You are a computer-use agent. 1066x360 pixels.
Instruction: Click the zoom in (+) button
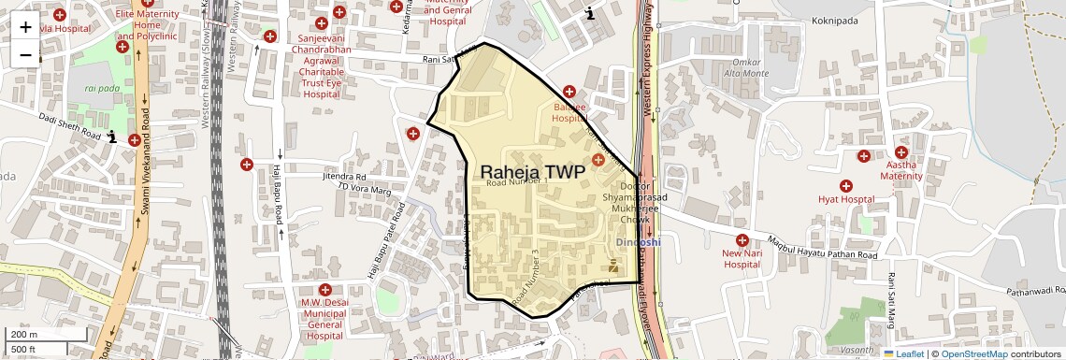point(25,27)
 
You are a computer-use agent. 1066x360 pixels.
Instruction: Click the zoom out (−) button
point(25,54)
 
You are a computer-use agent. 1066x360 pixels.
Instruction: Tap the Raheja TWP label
point(532,172)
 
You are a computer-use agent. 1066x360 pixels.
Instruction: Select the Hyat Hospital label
point(845,199)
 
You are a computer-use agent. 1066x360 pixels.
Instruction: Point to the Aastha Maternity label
point(901,170)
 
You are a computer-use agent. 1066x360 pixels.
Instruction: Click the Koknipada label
point(809,18)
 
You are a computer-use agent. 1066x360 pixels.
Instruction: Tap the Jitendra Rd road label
point(344,176)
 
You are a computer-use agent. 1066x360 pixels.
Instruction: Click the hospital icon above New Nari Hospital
point(742,240)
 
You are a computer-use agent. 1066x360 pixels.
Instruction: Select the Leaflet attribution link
point(903,353)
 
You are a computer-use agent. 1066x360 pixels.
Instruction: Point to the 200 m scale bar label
point(24,335)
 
